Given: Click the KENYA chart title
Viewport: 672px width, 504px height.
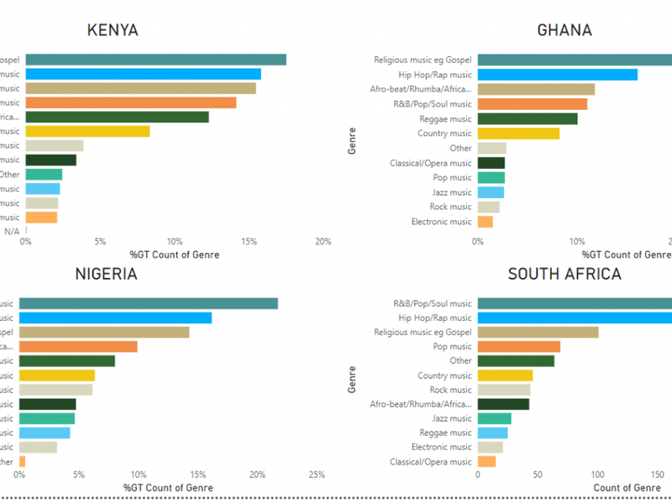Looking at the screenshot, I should coord(113,31).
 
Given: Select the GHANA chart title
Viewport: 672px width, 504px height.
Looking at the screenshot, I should coord(564,31).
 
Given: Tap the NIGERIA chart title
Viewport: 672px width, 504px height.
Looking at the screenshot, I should coord(106,275).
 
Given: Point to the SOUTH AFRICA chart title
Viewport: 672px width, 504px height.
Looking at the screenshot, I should coord(564,275).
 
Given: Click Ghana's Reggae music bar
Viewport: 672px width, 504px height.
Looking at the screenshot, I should coord(527,118).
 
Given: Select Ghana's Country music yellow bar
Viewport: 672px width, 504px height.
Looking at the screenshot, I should coord(518,134).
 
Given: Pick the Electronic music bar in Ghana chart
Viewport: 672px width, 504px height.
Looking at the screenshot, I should coord(485,222).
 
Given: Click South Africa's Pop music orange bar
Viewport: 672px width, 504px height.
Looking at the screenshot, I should coord(518,347).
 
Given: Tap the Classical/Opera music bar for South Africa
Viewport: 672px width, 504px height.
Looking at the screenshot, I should coord(486,461).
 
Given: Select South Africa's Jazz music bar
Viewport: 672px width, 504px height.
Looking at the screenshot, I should coord(494,418).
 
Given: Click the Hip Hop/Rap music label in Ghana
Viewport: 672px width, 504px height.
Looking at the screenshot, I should coord(435,75).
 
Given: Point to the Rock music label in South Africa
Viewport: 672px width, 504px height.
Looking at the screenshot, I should coord(451,390).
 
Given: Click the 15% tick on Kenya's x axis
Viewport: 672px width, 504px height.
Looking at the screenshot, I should coord(249,242).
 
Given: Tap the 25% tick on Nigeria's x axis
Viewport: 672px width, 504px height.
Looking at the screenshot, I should coord(317,475).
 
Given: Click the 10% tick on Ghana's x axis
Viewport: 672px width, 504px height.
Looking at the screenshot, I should coord(576,242).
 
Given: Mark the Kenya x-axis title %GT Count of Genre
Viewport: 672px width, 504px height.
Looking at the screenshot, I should coord(175,255).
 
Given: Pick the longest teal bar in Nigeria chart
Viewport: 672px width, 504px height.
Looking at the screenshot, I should coord(148,303).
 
